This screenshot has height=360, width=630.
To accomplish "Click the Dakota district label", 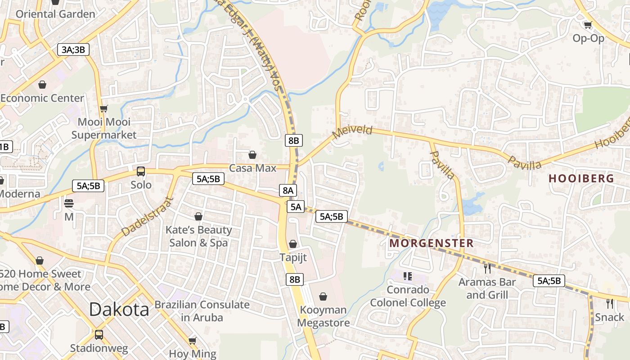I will pyautogui.click(x=119, y=310).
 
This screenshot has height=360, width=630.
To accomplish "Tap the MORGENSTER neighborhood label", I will pyautogui.click(x=431, y=243).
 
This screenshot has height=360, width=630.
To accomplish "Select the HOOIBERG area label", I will pyautogui.click(x=581, y=178).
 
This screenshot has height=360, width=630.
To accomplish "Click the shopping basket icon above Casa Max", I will pyautogui.click(x=252, y=155).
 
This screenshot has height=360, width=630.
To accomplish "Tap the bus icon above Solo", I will pyautogui.click(x=141, y=171).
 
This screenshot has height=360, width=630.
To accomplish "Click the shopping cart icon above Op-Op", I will pyautogui.click(x=588, y=25).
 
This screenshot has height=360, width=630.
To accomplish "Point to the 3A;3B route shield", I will pyautogui.click(x=73, y=49).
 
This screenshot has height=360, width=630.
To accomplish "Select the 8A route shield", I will pyautogui.click(x=288, y=190).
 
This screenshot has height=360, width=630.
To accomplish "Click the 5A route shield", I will pyautogui.click(x=296, y=207).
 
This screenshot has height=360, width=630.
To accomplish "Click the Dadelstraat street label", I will pyautogui.click(x=147, y=216).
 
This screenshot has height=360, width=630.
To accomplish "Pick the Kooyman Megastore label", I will pyautogui.click(x=323, y=316).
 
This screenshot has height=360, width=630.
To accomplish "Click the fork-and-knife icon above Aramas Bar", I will pyautogui.click(x=487, y=269).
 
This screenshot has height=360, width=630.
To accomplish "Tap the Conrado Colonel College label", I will pyautogui.click(x=408, y=296).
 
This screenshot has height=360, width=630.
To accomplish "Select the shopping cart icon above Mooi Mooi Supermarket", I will pyautogui.click(x=104, y=108).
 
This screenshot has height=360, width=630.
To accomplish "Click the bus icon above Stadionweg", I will pyautogui.click(x=99, y=335).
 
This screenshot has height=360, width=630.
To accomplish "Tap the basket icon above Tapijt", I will pyautogui.click(x=293, y=244).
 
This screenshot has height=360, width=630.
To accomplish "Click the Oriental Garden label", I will pyautogui.click(x=55, y=14).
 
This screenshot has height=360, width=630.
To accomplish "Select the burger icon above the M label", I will pyautogui.click(x=69, y=203).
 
